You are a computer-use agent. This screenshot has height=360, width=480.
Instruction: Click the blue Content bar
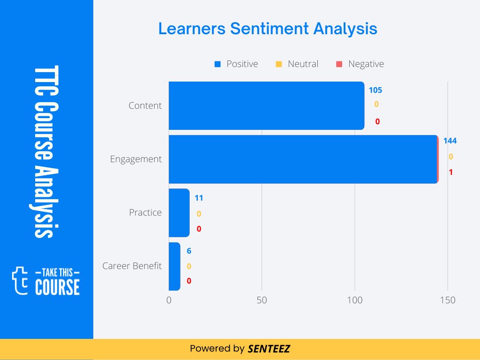click(266, 105)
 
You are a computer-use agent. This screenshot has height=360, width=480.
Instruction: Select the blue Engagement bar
click(303, 159)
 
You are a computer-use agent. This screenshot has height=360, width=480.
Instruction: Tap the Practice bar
click(179, 213)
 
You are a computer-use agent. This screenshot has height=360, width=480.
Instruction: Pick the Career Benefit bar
click(174, 266)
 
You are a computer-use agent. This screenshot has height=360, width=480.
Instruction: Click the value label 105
click(375, 90)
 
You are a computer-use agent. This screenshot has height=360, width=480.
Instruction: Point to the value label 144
click(450, 141)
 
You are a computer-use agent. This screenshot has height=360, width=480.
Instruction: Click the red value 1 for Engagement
click(450, 172)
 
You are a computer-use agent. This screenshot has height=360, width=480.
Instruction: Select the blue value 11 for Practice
click(199, 198)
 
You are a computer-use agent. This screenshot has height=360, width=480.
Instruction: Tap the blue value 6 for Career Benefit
click(189, 251)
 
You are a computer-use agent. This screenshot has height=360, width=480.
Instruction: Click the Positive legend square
click(217, 64)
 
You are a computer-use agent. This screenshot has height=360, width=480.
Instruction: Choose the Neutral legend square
click(278, 64)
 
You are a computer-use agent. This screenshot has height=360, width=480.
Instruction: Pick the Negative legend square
click(339, 64)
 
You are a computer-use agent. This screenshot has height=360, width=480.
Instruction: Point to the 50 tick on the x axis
click(262, 300)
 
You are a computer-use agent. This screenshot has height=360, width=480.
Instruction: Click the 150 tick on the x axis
click(448, 300)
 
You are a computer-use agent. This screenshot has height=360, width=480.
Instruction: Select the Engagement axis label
click(135, 159)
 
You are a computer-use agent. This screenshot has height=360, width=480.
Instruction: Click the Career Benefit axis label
click(132, 266)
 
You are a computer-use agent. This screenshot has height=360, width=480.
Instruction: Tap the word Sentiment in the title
click(270, 29)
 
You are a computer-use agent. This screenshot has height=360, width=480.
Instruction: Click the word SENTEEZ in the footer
click(269, 349)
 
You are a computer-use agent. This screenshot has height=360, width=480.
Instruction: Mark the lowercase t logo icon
click(20, 280)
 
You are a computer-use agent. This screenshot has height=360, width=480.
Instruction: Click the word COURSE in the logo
click(58, 287)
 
